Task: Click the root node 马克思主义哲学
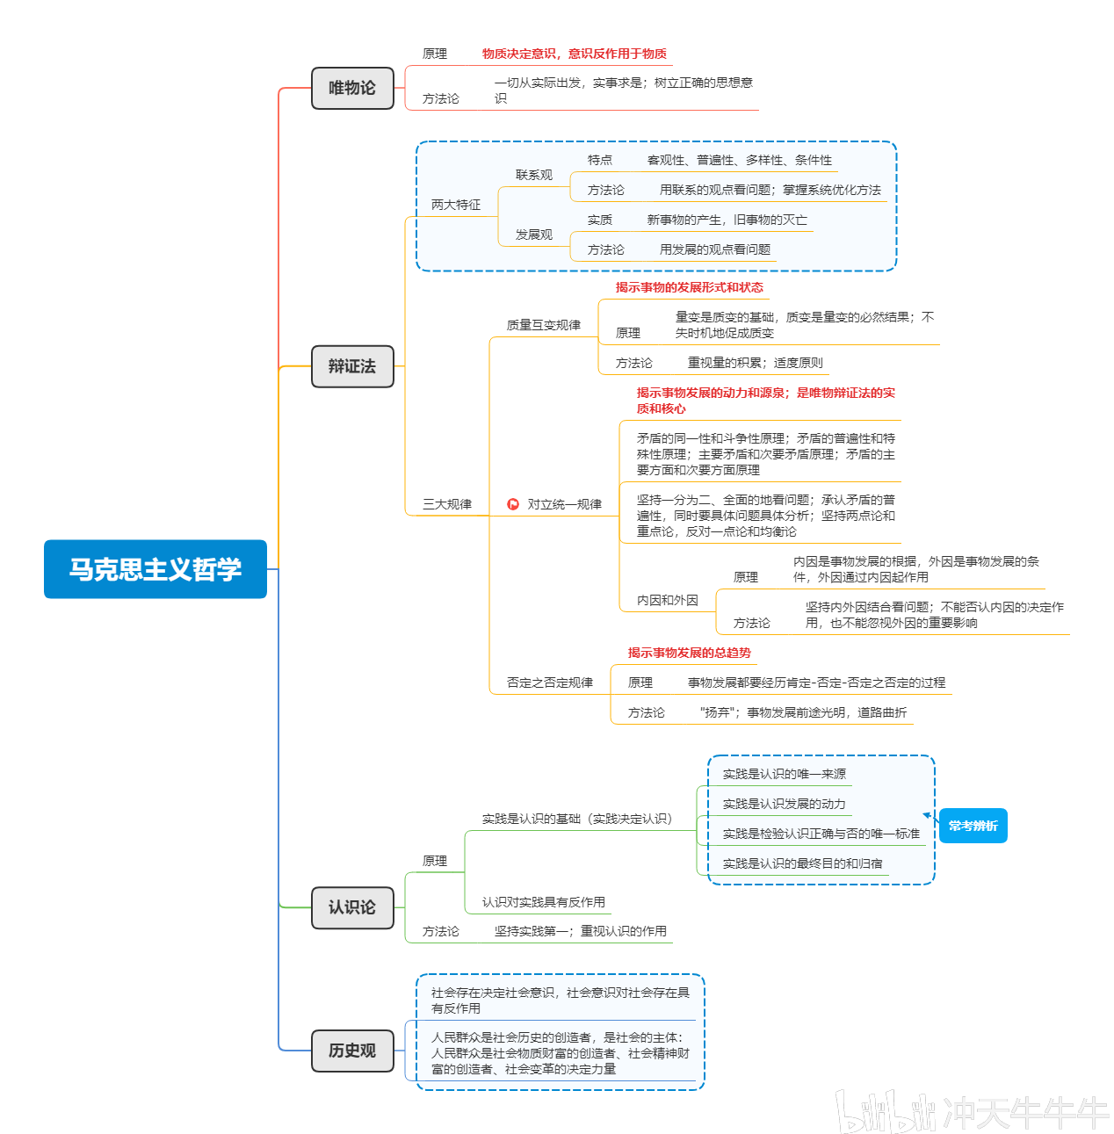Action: click(x=156, y=569)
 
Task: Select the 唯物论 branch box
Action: click(x=352, y=88)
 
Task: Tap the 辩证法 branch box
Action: click(x=352, y=366)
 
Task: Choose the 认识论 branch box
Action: click(x=352, y=907)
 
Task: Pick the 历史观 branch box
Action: click(x=352, y=1051)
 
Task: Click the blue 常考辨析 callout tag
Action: click(x=973, y=826)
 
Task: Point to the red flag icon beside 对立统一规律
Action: click(x=513, y=504)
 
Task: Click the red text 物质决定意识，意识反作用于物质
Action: click(x=575, y=54)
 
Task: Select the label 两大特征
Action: click(x=456, y=205)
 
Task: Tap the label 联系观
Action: click(x=534, y=175)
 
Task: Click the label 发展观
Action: click(x=534, y=235)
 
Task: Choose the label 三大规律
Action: click(x=447, y=504)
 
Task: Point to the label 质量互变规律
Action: click(x=544, y=325)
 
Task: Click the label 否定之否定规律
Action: click(x=550, y=683)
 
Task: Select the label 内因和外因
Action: click(x=668, y=600)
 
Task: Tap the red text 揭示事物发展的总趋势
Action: click(x=690, y=653)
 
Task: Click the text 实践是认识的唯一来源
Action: click(x=785, y=774)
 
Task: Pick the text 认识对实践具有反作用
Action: click(x=544, y=902)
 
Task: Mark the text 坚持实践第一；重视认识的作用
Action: click(x=581, y=931)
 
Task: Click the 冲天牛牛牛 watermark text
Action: click(x=1026, y=1113)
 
